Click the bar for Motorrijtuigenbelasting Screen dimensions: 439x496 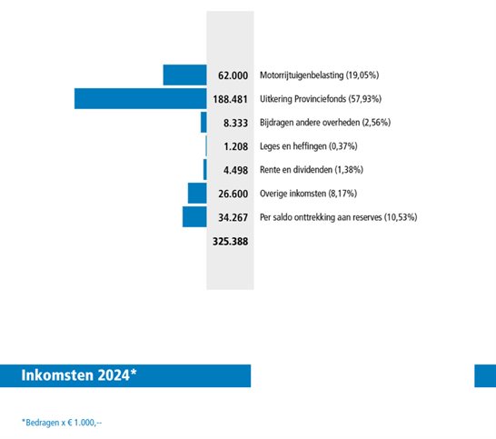[x=184, y=75]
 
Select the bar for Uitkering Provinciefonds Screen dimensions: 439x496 [x=140, y=98]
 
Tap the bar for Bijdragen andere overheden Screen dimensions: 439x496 [x=203, y=122]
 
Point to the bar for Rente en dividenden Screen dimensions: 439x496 [x=205, y=169]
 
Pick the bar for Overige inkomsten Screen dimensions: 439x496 [x=197, y=193]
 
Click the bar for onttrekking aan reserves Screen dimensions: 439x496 [x=194, y=216]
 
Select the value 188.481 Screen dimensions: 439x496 [x=230, y=98]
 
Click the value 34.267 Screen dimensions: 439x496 [x=233, y=216]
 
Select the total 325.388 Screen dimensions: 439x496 [x=230, y=242]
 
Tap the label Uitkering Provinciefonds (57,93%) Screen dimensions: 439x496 [x=319, y=98]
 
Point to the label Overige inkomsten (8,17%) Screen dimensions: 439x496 [x=304, y=193]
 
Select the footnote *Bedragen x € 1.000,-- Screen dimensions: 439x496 [x=63, y=422]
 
